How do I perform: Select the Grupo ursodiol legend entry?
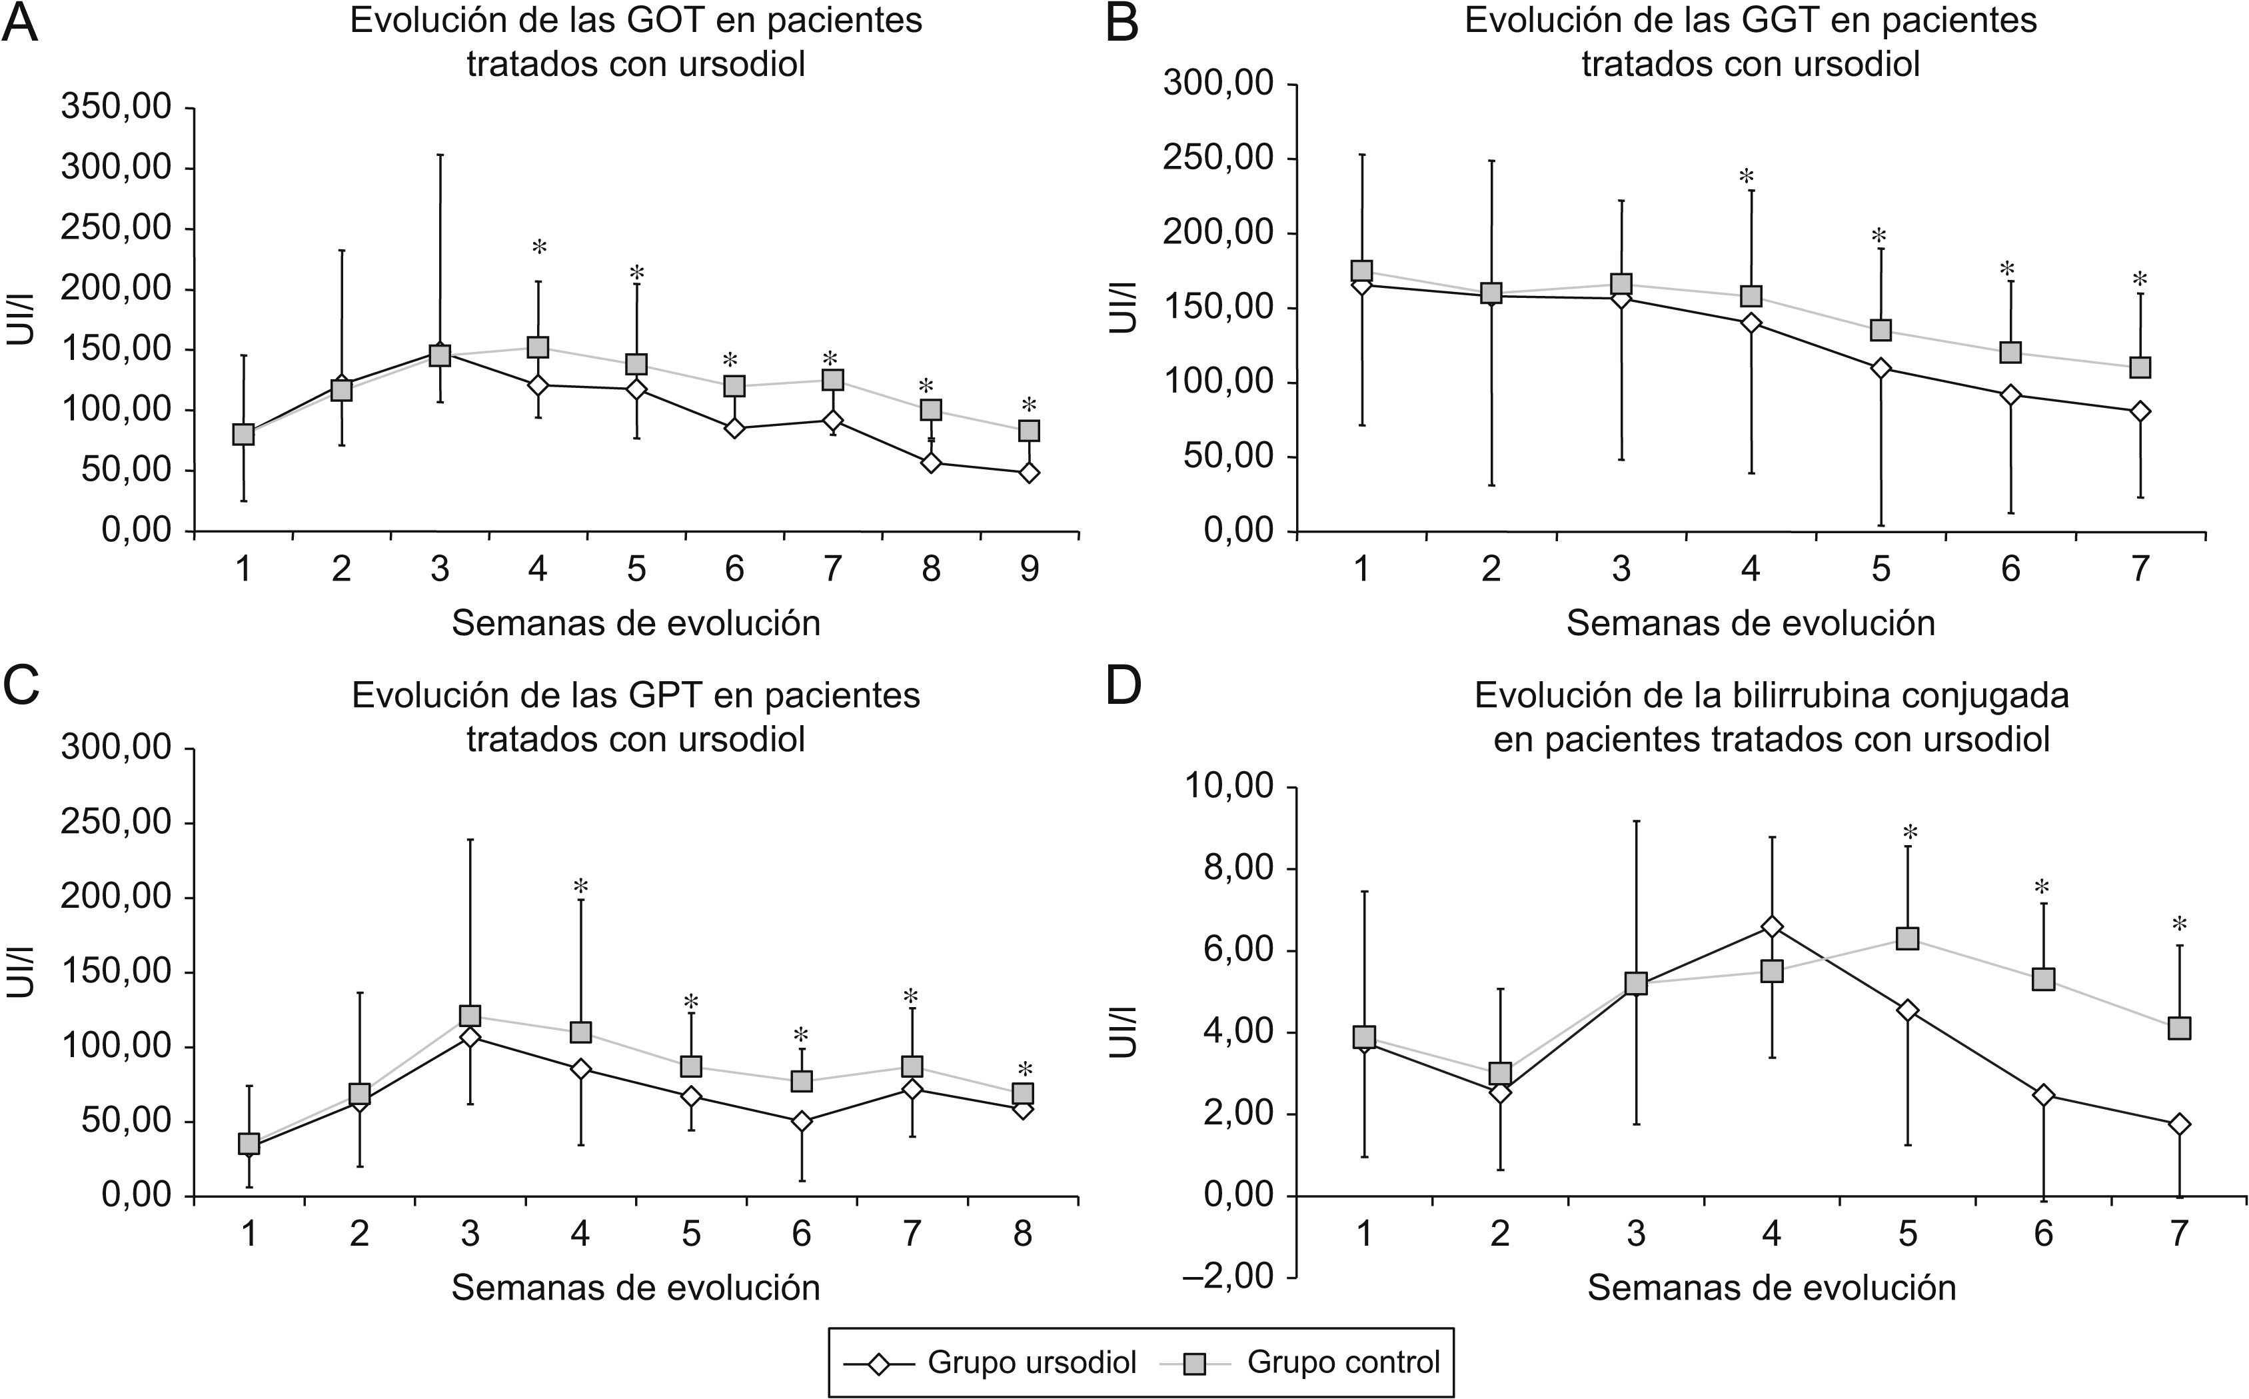(x=990, y=1362)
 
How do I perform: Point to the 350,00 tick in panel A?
(x=117, y=108)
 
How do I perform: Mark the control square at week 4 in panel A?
(x=538, y=347)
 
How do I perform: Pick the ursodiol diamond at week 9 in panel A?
(x=1029, y=473)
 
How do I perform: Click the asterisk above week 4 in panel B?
(x=1747, y=177)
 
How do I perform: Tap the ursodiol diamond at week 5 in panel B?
(x=1880, y=369)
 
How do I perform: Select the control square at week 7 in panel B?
(x=2140, y=367)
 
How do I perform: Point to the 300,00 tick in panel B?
(x=1220, y=84)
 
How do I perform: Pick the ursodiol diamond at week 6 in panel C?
(x=801, y=1122)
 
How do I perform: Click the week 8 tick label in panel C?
(x=1022, y=1234)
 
